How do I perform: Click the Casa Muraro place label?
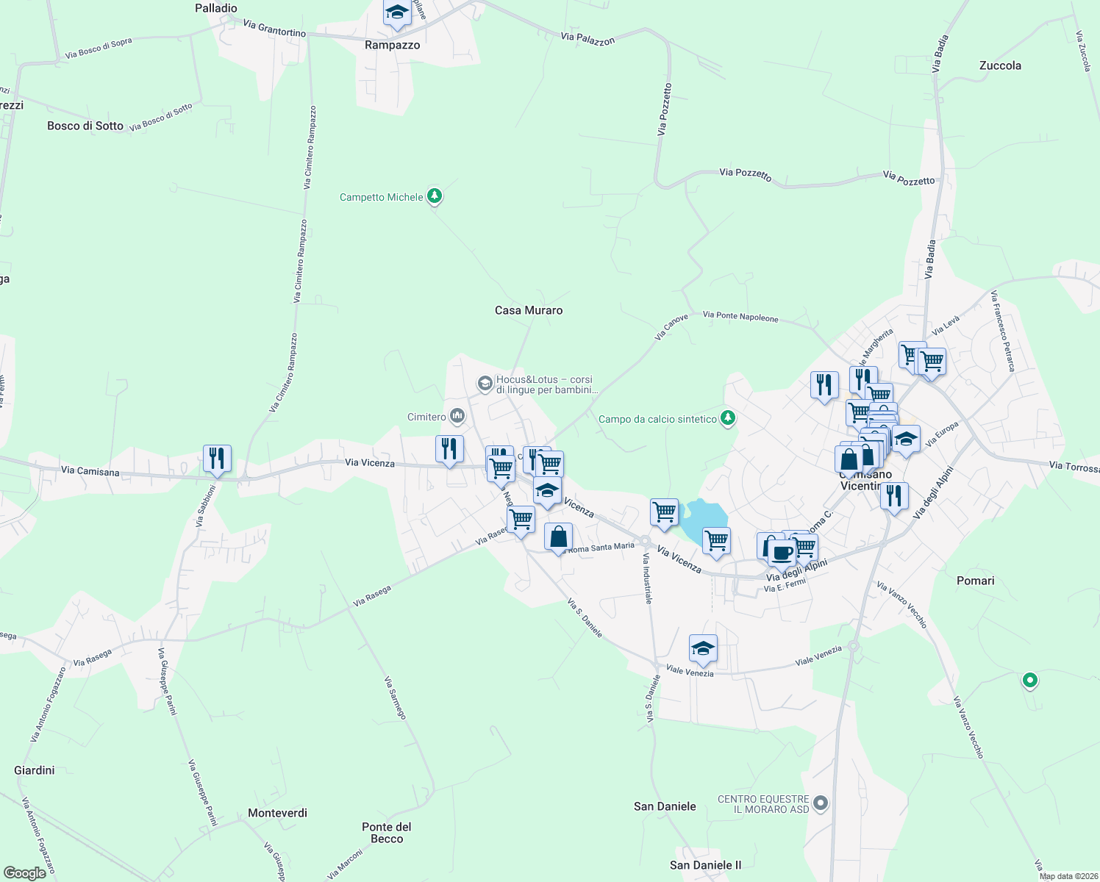pos(529,310)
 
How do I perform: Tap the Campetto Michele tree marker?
pos(435,196)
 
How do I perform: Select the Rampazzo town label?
pos(392,45)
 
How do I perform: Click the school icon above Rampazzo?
pos(397,13)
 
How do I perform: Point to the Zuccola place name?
pos(1000,65)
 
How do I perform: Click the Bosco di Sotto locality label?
pos(85,126)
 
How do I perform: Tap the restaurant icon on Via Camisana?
pos(217,459)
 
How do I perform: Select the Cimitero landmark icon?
pos(457,417)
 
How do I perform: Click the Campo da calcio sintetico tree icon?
pos(728,418)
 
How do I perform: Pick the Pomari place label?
pos(976,581)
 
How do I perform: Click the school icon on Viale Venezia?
pos(703,648)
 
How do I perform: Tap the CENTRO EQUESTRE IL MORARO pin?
pos(821,803)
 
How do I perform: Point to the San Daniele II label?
pos(706,865)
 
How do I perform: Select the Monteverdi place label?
pos(277,813)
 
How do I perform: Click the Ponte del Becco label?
pos(387,833)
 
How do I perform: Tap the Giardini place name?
pos(35,770)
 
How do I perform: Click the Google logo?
pos(25,872)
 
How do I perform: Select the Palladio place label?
pos(216,8)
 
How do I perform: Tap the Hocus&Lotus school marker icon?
pos(485,383)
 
